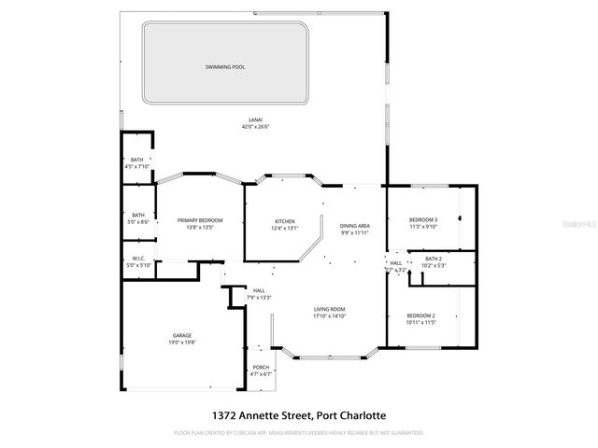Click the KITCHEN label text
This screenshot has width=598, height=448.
[x=284, y=221]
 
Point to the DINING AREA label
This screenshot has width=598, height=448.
[x=355, y=225]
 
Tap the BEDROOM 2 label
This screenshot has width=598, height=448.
[x=421, y=315]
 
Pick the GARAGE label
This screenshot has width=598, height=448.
[x=181, y=336]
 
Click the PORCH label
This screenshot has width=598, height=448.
[x=261, y=367]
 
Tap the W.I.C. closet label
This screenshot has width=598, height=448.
[x=138, y=259]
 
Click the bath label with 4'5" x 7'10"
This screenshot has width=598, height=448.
[x=137, y=161]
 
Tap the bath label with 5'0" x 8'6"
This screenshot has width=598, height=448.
[x=138, y=215]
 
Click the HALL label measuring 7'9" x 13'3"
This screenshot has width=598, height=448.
[x=260, y=290]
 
